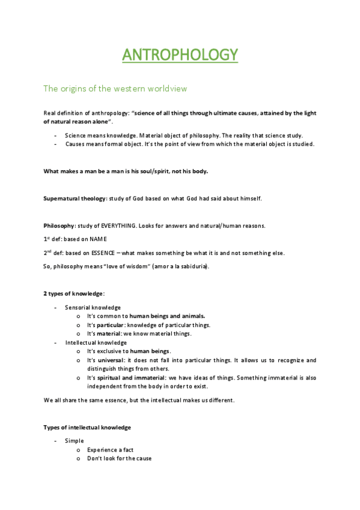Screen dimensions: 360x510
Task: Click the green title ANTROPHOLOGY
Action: [180, 55]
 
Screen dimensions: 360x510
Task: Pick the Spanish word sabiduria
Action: [192, 266]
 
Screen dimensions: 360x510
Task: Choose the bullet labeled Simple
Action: [75, 441]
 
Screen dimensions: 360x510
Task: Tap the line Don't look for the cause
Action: [119, 458]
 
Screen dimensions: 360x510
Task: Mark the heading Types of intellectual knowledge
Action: [87, 427]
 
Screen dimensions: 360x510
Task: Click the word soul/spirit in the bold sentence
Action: [138, 171]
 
